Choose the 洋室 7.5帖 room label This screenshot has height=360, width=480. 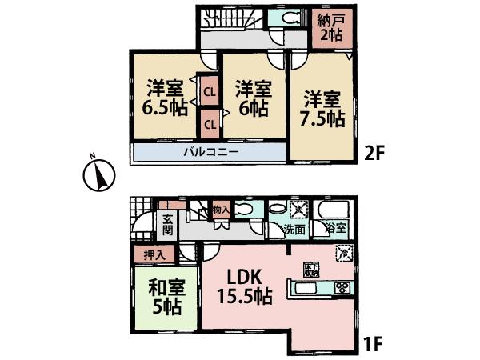[x=323, y=108]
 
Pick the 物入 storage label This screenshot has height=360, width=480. [x=222, y=210]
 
